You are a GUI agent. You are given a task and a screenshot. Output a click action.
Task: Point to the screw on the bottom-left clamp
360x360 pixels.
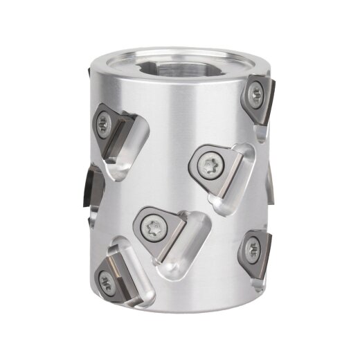tap(107, 281)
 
